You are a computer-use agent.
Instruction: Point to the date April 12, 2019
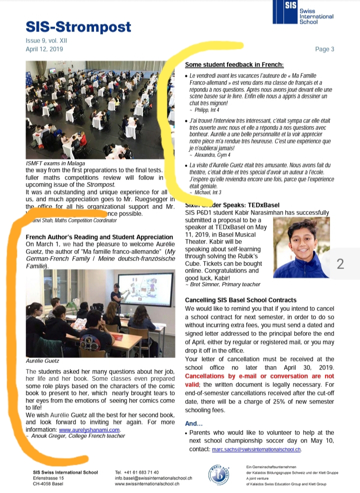[x=44, y=49]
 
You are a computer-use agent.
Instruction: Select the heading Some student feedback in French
[x=234, y=64]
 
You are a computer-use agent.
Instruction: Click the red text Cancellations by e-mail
[x=235, y=375]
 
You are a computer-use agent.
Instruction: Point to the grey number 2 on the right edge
[x=340, y=264]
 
